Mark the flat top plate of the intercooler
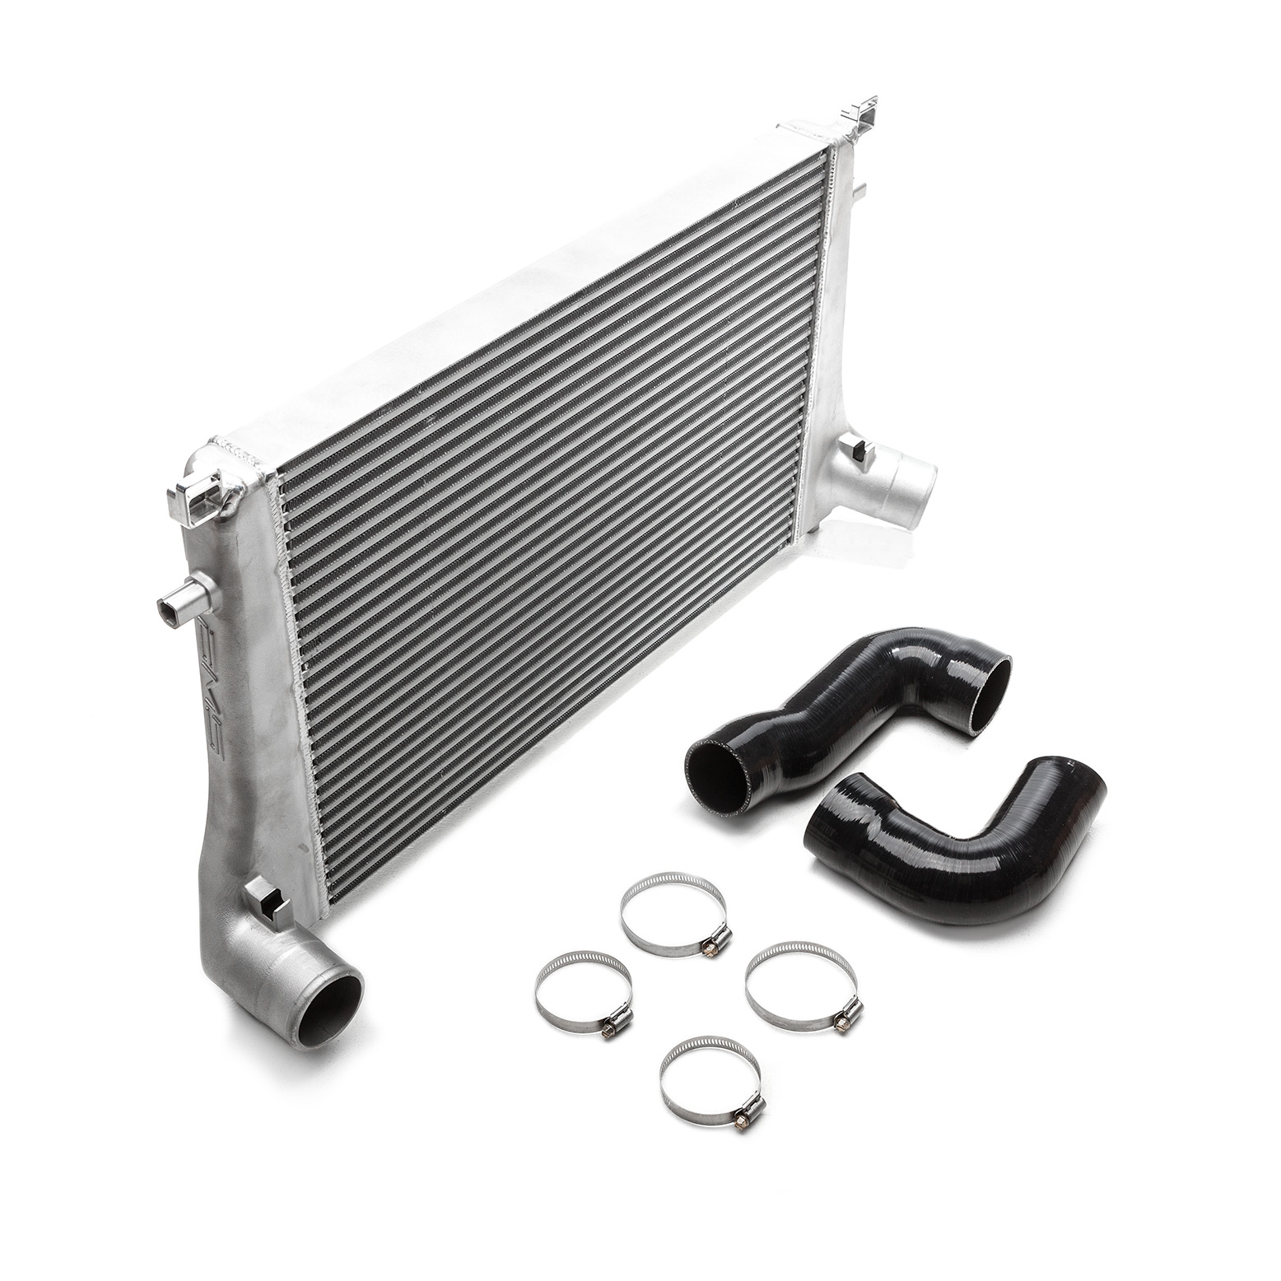click(x=510, y=296)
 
